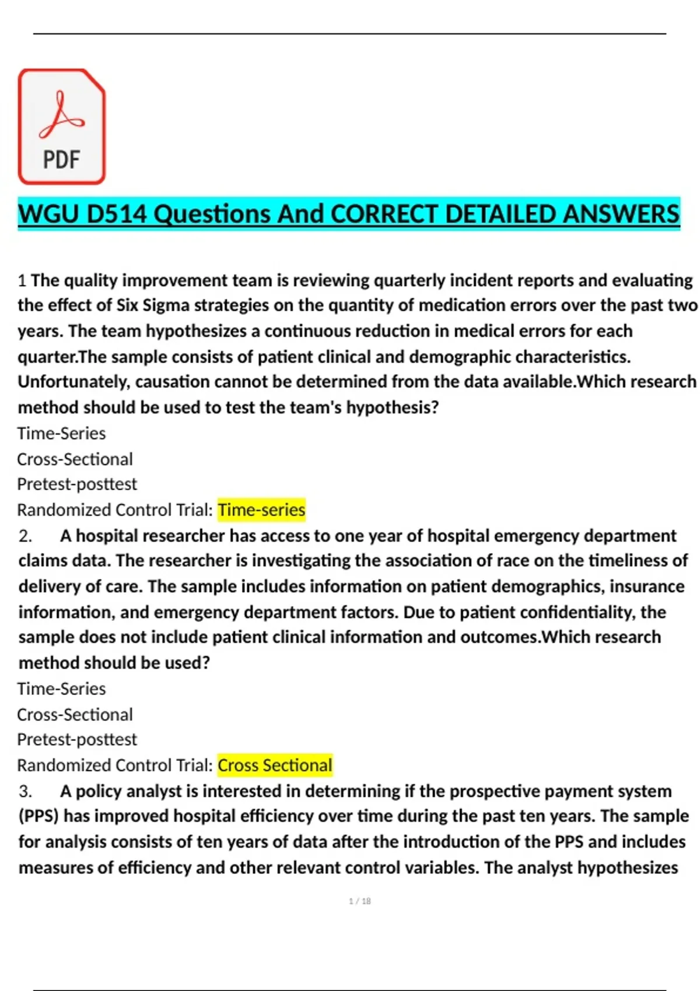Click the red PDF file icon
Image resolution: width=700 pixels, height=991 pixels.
62,126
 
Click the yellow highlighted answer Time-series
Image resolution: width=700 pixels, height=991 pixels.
261,510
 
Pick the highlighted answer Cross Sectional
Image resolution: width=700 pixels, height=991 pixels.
275,765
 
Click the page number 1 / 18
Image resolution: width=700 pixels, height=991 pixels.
360,901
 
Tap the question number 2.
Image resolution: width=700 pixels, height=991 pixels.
25,536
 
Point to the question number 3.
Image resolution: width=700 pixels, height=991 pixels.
25,791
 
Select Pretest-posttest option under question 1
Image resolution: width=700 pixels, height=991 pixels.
77,484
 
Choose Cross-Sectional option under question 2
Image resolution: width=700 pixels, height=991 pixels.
75,715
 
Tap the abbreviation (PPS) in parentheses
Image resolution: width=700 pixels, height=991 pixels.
38,816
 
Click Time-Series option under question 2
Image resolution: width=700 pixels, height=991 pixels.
61,689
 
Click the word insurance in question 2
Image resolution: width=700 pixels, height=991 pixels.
647,586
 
